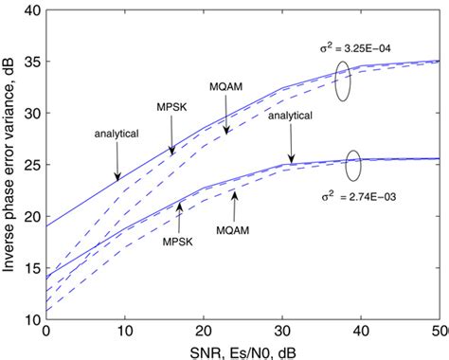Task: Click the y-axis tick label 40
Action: point(32,10)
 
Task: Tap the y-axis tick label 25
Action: point(32,165)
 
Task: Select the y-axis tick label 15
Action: point(32,268)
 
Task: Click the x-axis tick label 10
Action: point(124,333)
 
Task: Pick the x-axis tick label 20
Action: point(203,333)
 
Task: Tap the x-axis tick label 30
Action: point(281,333)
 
